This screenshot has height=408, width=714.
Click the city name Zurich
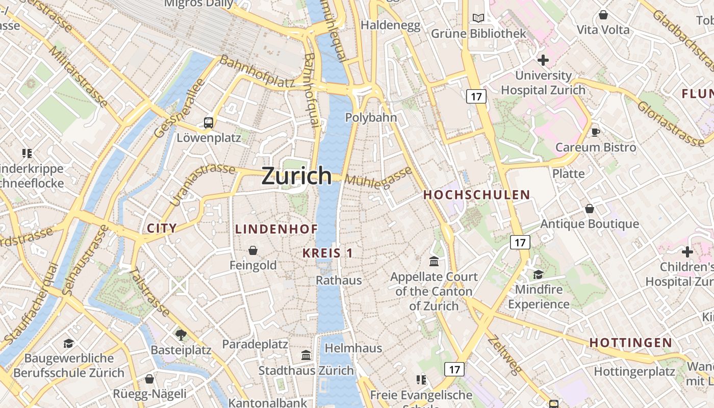pyautogui.click(x=296, y=176)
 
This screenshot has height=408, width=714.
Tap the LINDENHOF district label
pyautogui.click(x=276, y=229)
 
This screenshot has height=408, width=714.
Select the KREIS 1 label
pyautogui.click(x=327, y=253)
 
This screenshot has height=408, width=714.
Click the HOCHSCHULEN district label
pyautogui.click(x=477, y=195)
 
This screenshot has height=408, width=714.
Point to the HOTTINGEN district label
pyautogui.click(x=631, y=343)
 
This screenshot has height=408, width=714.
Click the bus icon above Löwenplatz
pyautogui.click(x=209, y=122)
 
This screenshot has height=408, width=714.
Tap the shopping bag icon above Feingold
pyautogui.click(x=253, y=250)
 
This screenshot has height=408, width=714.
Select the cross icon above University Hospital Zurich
pyautogui.click(x=543, y=61)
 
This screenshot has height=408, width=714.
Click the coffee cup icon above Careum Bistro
pyautogui.click(x=595, y=133)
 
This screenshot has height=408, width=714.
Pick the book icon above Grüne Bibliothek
pyautogui.click(x=478, y=18)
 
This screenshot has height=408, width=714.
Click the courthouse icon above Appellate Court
pyautogui.click(x=434, y=262)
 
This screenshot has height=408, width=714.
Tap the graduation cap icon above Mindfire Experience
pyautogui.click(x=538, y=275)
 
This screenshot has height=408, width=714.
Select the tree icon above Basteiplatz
pyautogui.click(x=181, y=335)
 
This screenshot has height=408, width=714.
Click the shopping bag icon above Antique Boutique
pyautogui.click(x=590, y=209)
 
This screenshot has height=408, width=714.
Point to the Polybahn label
pyautogui.click(x=371, y=117)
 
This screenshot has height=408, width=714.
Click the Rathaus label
pyautogui.click(x=339, y=280)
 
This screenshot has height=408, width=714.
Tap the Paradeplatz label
pyautogui.click(x=255, y=344)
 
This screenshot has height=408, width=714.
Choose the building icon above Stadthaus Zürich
pyautogui.click(x=306, y=355)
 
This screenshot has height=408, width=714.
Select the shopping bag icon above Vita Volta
pyautogui.click(x=603, y=15)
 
